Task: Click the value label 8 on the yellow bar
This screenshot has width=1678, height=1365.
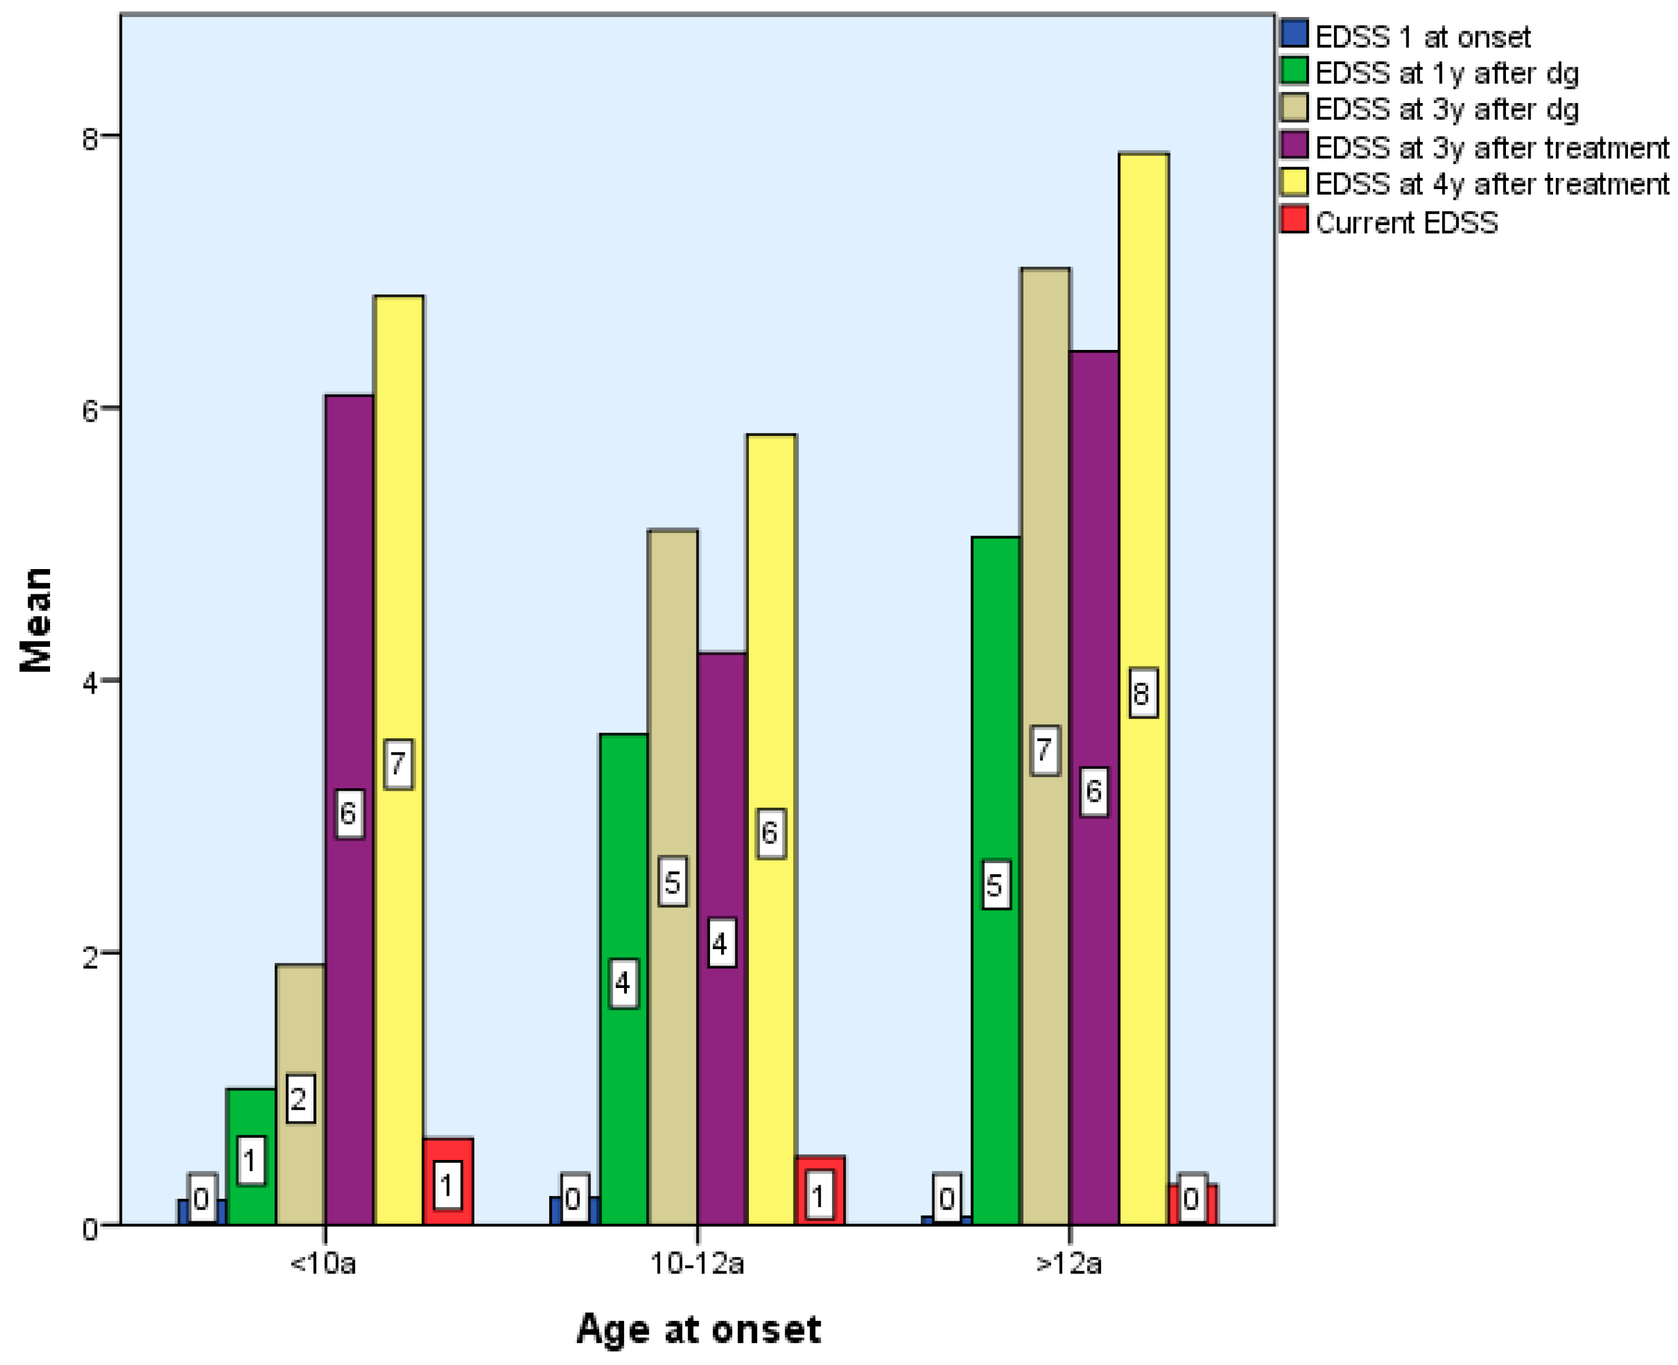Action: [1142, 693]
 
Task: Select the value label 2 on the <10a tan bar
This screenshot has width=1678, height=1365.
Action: [299, 1099]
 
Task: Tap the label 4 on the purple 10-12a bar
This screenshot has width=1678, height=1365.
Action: [721, 943]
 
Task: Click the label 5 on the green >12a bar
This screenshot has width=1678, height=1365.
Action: [996, 885]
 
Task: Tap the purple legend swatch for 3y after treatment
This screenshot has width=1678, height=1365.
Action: [1293, 146]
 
